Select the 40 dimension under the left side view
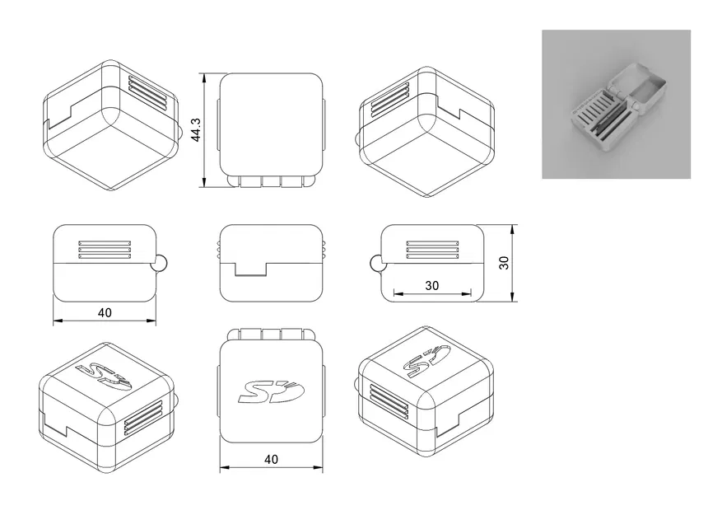click(105, 313)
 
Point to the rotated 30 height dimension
click(504, 263)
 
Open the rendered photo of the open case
click(616, 105)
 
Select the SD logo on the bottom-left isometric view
click(105, 376)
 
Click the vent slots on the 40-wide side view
click(105, 250)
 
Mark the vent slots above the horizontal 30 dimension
click(432, 250)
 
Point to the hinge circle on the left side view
click(161, 263)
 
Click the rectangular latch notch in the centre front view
click(252, 269)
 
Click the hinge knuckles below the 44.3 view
click(272, 181)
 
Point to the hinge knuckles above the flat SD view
click(272, 334)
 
